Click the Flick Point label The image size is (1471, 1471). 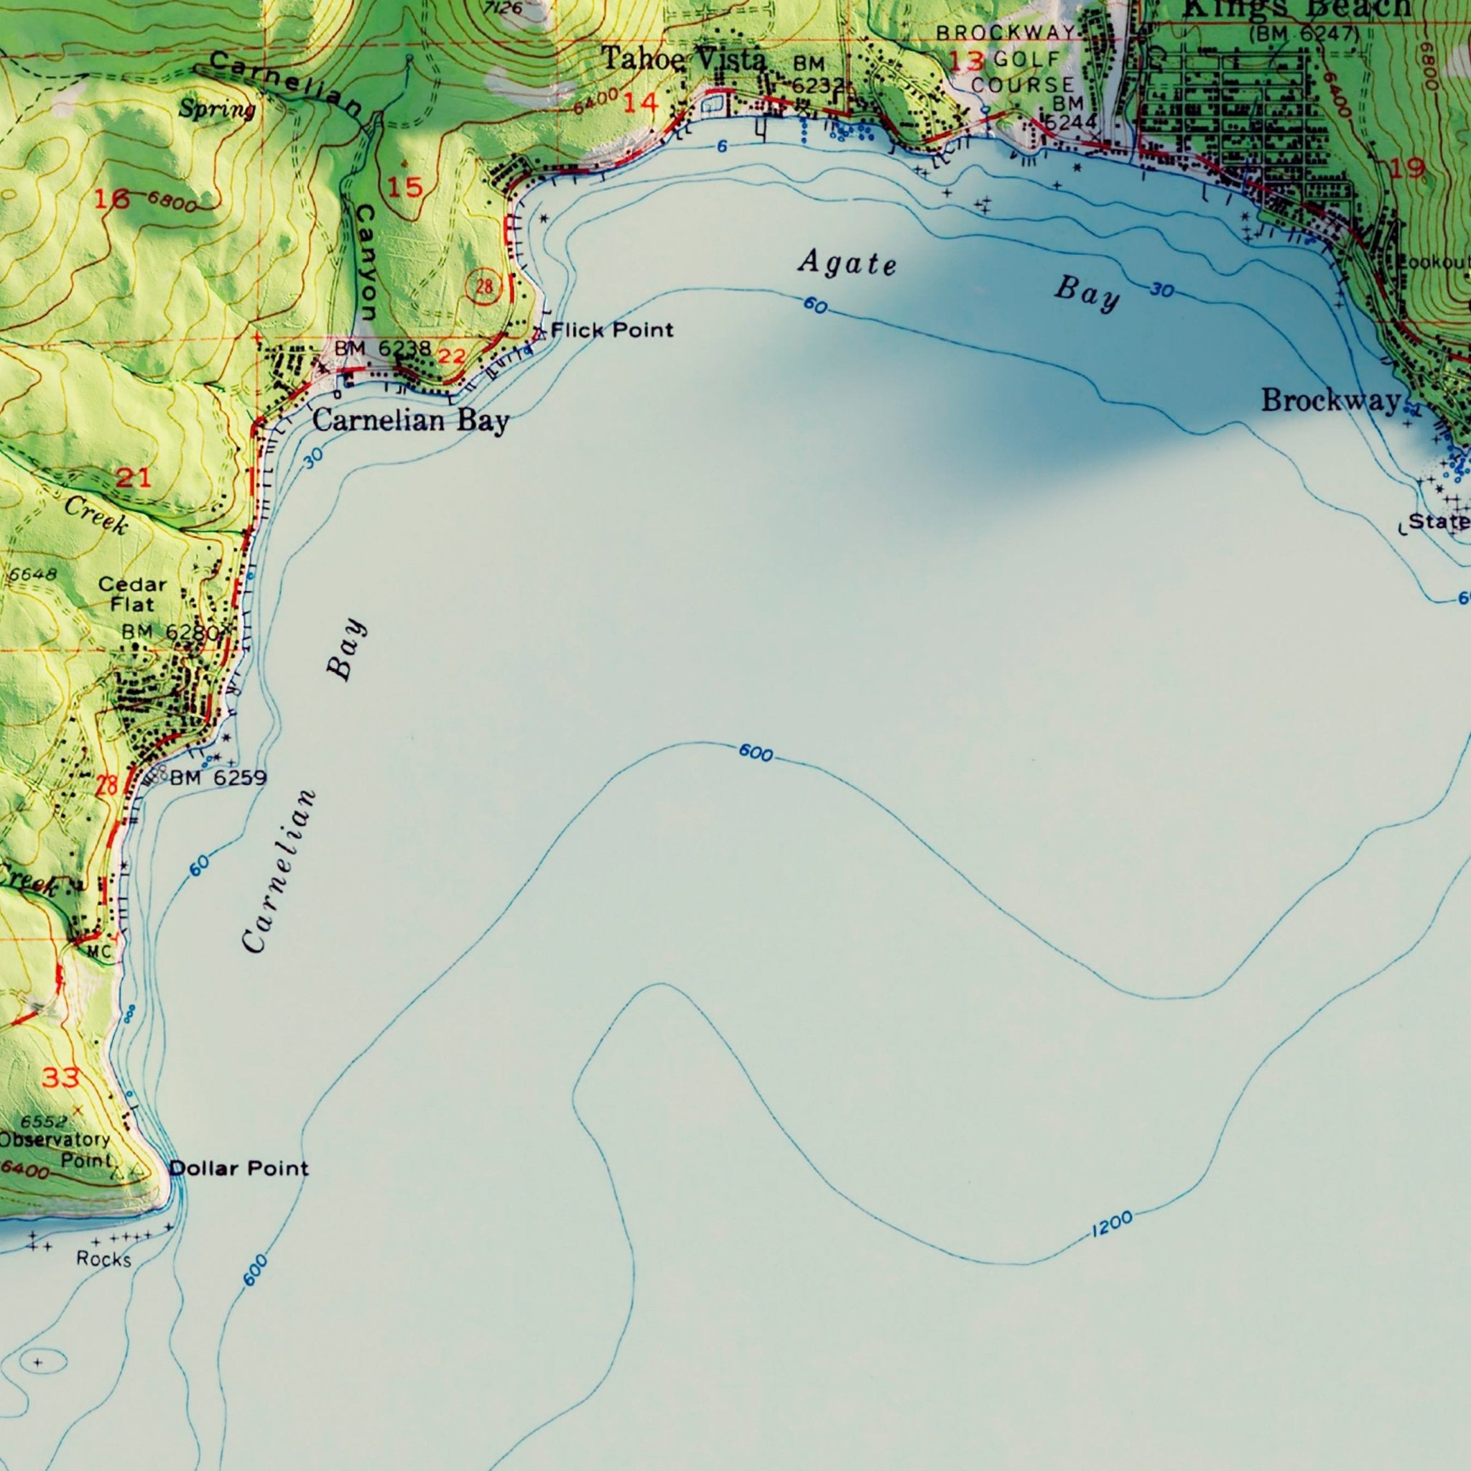coord(611,330)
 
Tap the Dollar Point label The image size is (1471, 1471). coord(239,1168)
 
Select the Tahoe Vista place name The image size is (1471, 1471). coord(683,60)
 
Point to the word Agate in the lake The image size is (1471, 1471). coord(847,264)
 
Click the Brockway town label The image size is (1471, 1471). coord(1330,400)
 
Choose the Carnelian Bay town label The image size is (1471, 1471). coord(410,420)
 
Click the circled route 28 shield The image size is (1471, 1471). coord(484,288)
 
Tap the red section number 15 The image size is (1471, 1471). coord(404,187)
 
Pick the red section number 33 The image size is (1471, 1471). coord(60,1077)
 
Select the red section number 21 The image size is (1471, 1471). coord(134,478)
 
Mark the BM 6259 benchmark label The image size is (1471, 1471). coord(218,777)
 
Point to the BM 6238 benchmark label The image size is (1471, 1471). coord(383,348)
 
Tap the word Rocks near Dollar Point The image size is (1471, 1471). coord(103,1258)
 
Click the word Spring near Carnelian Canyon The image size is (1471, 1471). coord(217,110)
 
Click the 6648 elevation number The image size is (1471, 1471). coord(32,574)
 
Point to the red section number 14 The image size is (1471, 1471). coord(640,103)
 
